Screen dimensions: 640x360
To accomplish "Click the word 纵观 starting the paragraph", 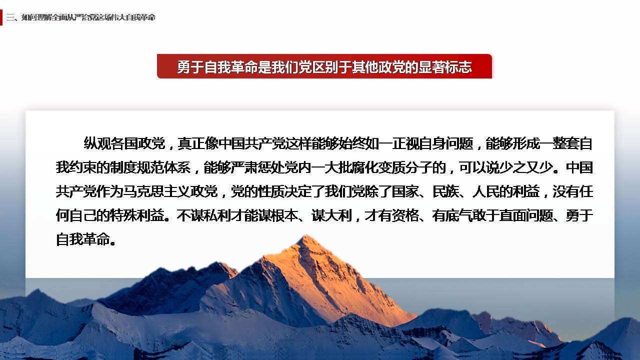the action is (97, 143).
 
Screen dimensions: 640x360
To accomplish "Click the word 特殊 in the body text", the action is (123, 215).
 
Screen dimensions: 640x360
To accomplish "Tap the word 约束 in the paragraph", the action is (83, 167).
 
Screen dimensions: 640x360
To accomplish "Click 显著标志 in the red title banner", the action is (445, 67).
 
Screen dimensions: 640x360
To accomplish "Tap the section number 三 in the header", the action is (10, 17).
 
